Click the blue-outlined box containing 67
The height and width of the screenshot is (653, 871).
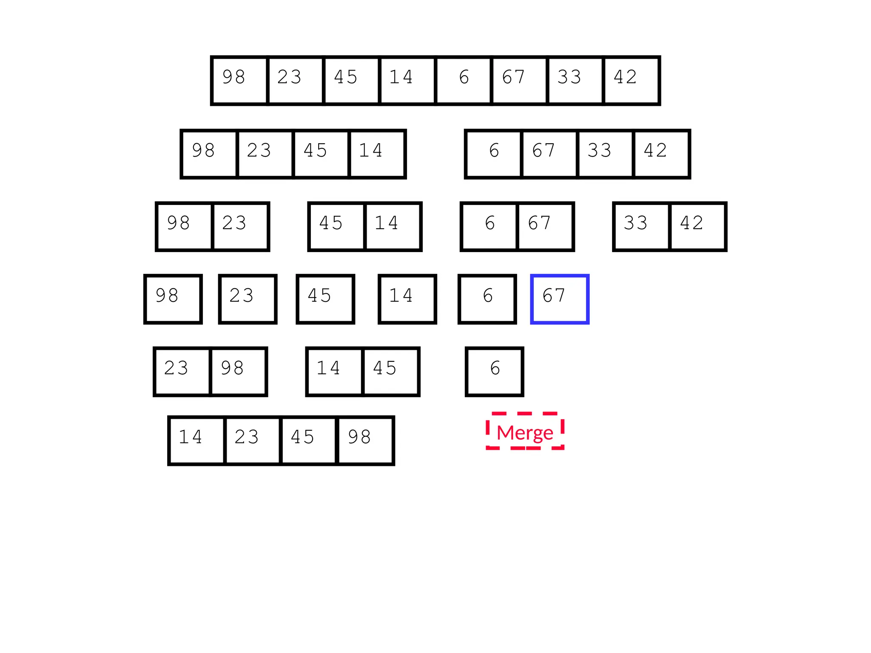[x=560, y=299]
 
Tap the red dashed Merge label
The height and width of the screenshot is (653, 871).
[x=525, y=432]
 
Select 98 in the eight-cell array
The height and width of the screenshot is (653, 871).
[x=239, y=80]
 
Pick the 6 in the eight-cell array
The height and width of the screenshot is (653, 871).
[x=464, y=80]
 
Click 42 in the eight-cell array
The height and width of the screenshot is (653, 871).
[x=632, y=80]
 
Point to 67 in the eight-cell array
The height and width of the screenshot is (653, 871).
[x=519, y=80]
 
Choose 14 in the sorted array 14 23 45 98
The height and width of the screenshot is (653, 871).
[x=196, y=440]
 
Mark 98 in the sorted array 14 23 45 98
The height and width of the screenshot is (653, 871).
[x=365, y=440]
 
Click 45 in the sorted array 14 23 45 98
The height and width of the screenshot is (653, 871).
[x=308, y=440]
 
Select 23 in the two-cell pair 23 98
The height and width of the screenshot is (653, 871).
[x=182, y=372]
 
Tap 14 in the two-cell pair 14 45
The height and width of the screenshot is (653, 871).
[x=334, y=372]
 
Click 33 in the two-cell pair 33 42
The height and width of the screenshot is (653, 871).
[x=641, y=227]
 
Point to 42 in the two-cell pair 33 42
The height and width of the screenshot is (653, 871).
[x=697, y=227]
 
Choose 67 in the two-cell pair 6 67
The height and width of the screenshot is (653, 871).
[x=545, y=227]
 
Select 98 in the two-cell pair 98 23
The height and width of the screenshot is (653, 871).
[x=184, y=227]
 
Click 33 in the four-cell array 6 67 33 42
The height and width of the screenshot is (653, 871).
[x=605, y=154]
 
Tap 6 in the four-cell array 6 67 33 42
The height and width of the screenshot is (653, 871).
[x=494, y=154]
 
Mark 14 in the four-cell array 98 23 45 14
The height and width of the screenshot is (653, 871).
[x=376, y=154]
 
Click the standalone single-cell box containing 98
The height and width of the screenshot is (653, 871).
[x=173, y=299]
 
